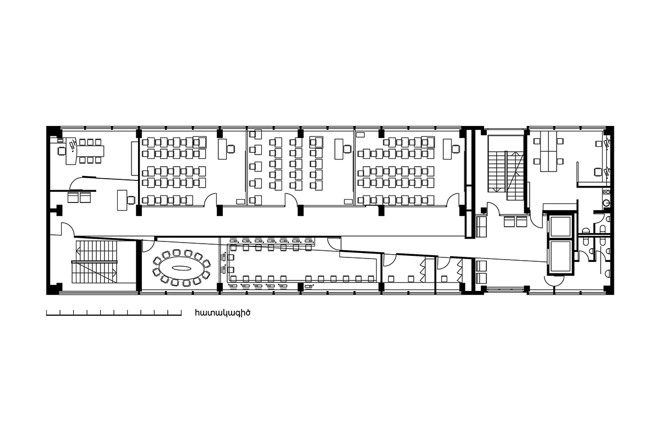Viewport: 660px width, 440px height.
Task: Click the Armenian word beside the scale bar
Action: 222,313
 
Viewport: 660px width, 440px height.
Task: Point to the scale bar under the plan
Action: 114,313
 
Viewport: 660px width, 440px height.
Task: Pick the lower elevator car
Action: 560,257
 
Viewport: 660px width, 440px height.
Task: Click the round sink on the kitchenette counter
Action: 606,203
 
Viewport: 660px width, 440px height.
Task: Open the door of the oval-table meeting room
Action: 148,246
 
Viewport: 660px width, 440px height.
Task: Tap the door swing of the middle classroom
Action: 291,199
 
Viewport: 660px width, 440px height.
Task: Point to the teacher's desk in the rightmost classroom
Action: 447,149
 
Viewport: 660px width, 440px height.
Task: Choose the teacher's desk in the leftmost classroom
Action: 222,149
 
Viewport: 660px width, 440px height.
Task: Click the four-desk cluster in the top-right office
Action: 549,151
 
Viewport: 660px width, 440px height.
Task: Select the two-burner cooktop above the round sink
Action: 606,192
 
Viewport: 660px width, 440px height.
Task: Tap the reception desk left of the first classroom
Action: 122,200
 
